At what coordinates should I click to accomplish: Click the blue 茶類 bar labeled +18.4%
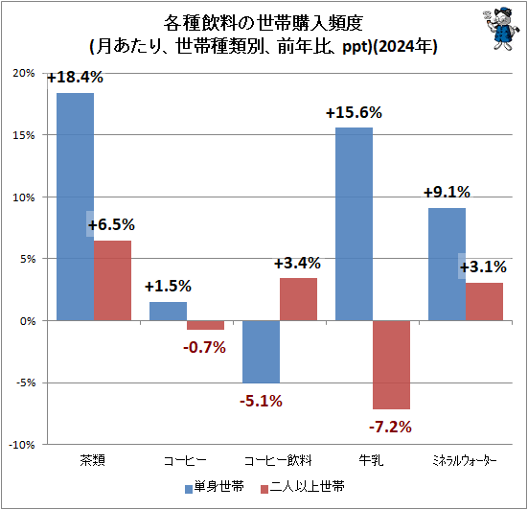75,206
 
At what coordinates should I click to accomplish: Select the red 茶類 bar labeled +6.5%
112,280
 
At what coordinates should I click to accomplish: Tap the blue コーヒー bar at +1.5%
168,311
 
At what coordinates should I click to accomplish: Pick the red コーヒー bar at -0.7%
205,325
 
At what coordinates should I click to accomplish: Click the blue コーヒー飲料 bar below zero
262,352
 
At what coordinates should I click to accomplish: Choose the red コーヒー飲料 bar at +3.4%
298,299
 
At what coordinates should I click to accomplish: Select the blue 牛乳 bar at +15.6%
355,223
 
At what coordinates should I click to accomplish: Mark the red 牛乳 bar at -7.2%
391,364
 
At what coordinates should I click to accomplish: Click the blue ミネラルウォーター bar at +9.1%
448,264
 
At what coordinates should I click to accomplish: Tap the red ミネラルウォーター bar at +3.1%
484,301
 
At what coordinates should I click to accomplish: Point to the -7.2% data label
391,428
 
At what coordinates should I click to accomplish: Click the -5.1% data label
261,401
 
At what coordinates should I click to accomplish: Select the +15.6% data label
354,112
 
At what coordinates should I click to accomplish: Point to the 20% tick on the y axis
24,73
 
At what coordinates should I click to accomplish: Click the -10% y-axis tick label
22,445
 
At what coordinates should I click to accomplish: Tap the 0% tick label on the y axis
28,321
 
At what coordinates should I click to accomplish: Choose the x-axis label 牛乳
371,460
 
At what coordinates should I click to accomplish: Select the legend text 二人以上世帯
307,487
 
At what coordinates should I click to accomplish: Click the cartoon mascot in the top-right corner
497,29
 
